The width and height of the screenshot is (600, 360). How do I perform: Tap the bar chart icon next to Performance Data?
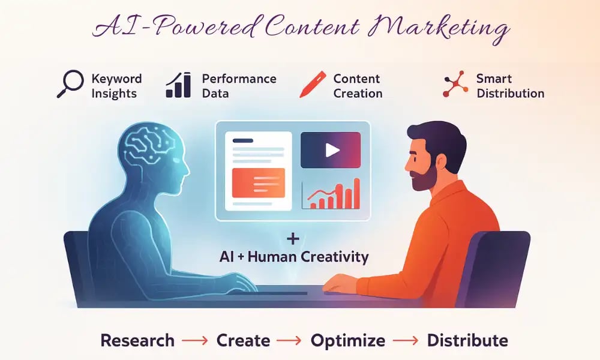pyautogui.click(x=178, y=86)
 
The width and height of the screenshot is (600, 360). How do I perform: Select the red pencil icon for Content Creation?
pyautogui.click(x=313, y=85)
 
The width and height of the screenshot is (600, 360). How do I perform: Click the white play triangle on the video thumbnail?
pyautogui.click(x=332, y=149)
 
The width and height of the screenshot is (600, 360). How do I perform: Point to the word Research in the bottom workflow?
pyautogui.click(x=137, y=341)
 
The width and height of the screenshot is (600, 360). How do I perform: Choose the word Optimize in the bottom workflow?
pyautogui.click(x=348, y=341)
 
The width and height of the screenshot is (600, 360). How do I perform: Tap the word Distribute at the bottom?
pyautogui.click(x=467, y=341)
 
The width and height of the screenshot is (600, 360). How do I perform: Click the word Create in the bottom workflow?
pyautogui.click(x=242, y=341)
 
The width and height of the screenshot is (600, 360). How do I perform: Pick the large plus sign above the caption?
pyautogui.click(x=293, y=239)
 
